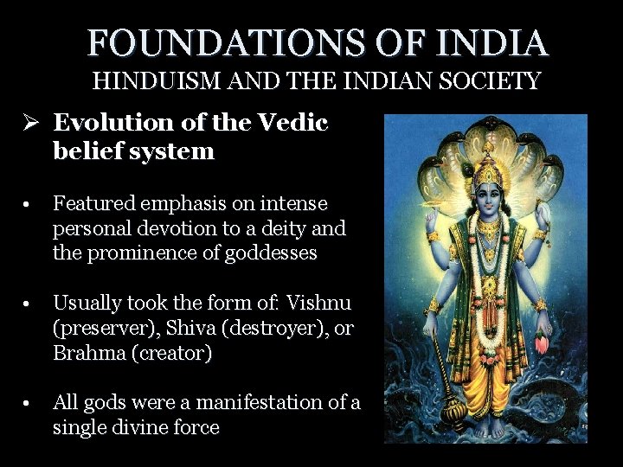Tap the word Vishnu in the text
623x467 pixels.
pos(319,304)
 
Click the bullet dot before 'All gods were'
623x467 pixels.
pos(29,404)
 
